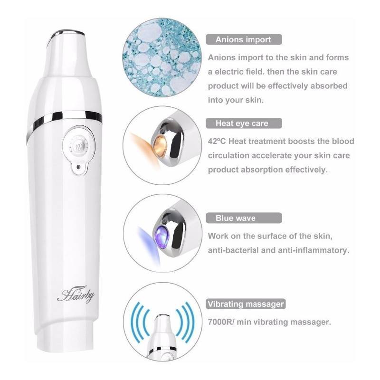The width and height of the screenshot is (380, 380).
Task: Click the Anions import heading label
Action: pyautogui.click(x=243, y=39)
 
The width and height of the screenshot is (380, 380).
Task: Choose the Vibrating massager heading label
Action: pyautogui.click(x=246, y=304)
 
